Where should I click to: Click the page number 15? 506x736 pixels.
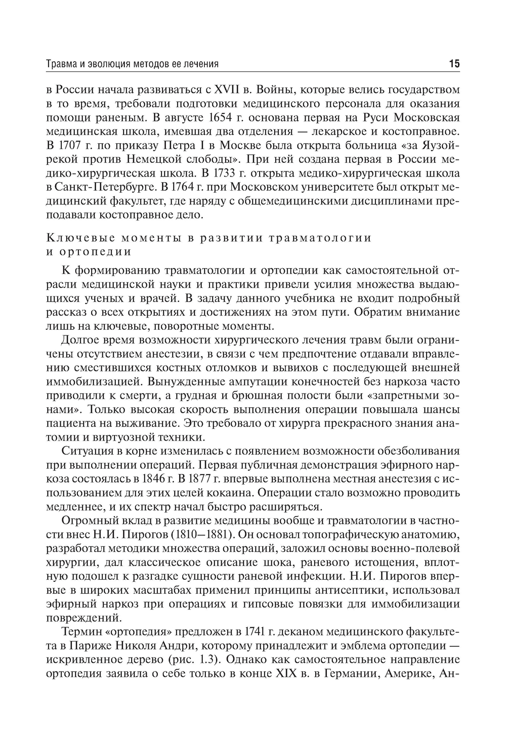click(453, 64)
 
